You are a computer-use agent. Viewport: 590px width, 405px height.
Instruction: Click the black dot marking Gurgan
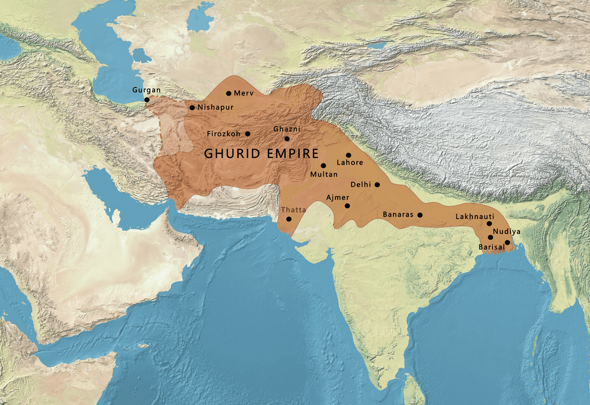pos(147,100)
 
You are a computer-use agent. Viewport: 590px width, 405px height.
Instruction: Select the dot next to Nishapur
pos(192,107)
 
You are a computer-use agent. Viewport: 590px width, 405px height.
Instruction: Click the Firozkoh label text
pos(224,134)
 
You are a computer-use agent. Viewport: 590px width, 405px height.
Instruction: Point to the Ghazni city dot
pos(287,138)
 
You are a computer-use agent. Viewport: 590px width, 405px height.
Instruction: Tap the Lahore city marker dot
pos(349,155)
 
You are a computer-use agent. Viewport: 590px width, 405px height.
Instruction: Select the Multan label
pos(324,174)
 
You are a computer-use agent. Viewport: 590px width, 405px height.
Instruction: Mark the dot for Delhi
pos(377,185)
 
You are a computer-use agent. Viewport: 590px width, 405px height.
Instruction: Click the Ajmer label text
pos(338,197)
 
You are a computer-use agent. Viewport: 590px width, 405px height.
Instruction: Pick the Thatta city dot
pos(289,219)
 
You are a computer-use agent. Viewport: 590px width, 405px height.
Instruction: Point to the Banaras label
pos(398,214)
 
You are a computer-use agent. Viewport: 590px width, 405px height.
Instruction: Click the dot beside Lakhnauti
pos(489,224)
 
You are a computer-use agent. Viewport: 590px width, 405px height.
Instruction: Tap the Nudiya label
pos(507,232)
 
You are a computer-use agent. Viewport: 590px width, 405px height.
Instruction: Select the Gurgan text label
pos(146,90)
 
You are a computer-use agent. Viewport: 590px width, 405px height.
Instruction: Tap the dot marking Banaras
pos(419,215)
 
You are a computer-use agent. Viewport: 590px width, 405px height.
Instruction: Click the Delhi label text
pos(361,185)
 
